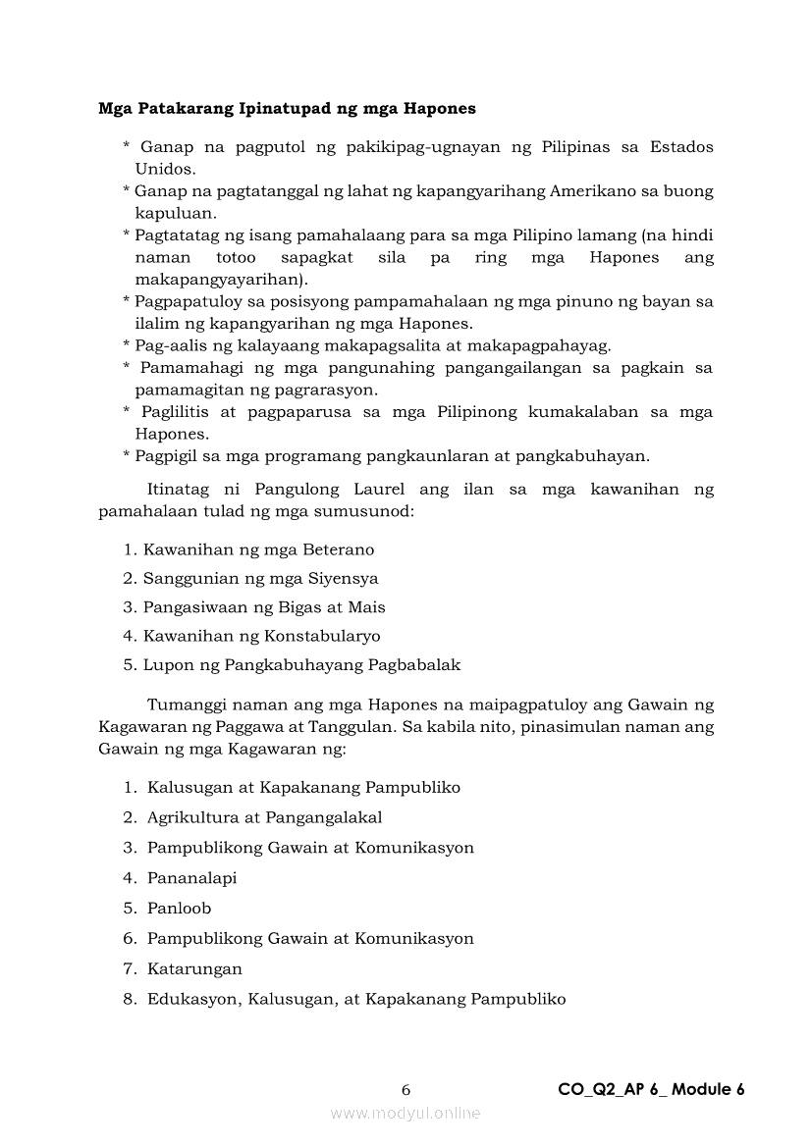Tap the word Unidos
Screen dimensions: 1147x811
point(164,168)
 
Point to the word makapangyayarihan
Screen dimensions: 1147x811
point(206,279)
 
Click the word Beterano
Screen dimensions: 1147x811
point(338,549)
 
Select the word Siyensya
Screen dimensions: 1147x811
point(343,578)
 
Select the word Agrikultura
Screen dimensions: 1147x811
point(192,817)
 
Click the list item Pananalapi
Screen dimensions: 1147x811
point(191,878)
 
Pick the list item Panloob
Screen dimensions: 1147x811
point(179,909)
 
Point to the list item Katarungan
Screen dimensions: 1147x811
point(194,968)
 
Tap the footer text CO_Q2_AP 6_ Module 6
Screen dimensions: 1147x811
point(651,1089)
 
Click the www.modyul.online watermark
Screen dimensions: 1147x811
point(405,1113)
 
